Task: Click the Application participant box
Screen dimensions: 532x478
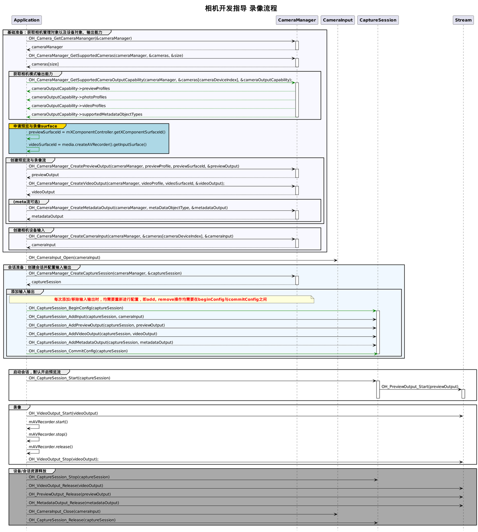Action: tap(27, 20)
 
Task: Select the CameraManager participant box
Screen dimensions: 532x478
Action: tap(297, 20)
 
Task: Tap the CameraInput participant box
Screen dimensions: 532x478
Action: tap(338, 20)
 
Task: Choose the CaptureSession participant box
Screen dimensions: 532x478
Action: tap(378, 20)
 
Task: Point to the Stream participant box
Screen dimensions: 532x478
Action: tap(463, 20)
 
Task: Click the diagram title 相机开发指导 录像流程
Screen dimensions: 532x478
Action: tap(241, 8)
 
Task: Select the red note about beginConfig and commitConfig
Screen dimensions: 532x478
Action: tap(161, 299)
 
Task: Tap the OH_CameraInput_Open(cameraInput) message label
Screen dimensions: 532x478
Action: tap(65, 258)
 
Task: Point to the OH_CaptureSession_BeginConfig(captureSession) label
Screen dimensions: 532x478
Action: tap(76, 308)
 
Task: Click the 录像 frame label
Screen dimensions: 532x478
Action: tap(18, 407)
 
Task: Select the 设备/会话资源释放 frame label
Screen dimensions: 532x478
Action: tap(30, 471)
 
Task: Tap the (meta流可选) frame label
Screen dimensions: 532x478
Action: tap(27, 202)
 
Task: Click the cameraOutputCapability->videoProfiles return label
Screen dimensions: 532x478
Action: tap(69, 106)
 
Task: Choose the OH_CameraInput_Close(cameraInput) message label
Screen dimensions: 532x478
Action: tap(65, 512)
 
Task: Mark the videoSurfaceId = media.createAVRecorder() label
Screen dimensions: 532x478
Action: tap(88, 145)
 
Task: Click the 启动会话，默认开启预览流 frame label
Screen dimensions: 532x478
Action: tap(37, 372)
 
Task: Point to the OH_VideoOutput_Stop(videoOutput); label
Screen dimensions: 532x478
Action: tap(64, 459)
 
